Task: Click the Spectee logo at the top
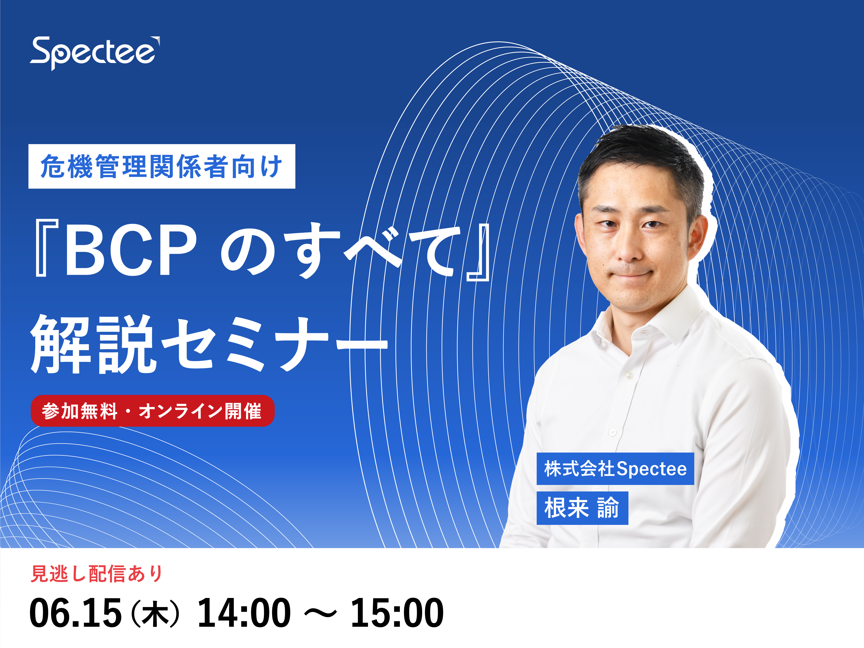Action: tap(95, 53)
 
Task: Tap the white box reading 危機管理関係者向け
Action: tap(162, 166)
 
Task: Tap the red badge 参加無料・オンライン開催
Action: tap(153, 411)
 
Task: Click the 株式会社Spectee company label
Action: tap(615, 469)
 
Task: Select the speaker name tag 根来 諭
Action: tap(582, 508)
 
